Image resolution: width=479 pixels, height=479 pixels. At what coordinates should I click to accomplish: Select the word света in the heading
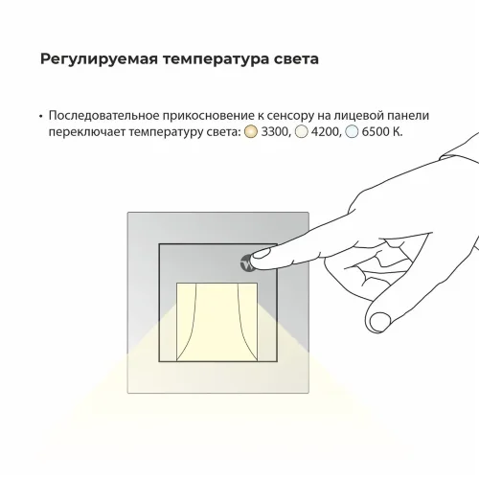(x=291, y=58)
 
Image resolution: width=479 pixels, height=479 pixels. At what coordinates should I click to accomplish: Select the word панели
(x=413, y=115)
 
